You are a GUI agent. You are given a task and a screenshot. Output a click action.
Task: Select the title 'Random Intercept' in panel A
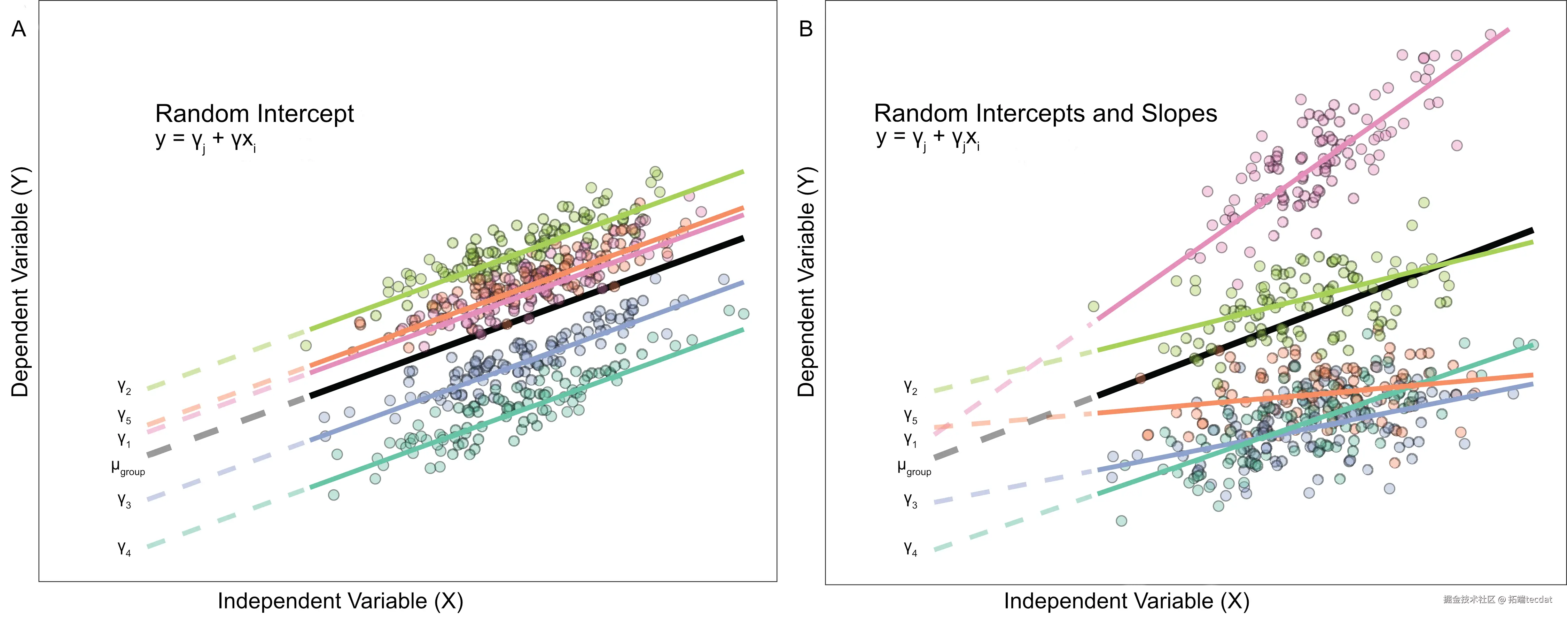(254, 114)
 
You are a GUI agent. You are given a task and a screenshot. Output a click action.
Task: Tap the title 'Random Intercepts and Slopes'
(1045, 114)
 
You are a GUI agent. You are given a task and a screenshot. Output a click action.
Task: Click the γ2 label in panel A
(124, 387)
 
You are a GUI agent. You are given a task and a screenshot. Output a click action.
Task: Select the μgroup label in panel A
(128, 467)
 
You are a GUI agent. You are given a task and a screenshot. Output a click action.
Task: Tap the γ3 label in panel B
(910, 501)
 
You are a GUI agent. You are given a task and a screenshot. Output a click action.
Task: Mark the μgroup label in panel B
(914, 467)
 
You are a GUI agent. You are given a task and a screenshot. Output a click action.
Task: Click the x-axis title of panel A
(341, 601)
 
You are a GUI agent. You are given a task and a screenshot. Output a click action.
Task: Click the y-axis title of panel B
(806, 282)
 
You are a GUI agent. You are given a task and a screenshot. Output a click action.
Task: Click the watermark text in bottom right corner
(1498, 599)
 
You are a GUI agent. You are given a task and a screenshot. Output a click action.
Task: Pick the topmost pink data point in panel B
(1490, 35)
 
